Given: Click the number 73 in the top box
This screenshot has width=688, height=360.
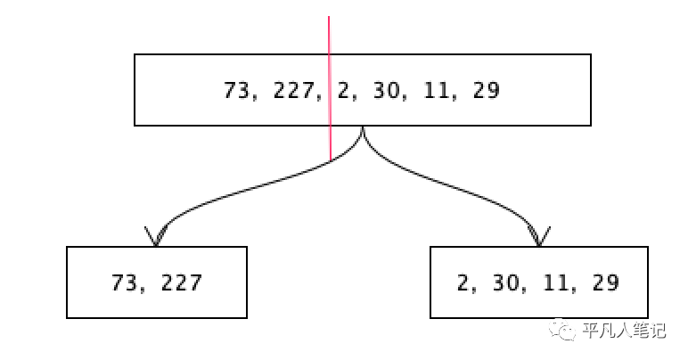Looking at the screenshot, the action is click(235, 90).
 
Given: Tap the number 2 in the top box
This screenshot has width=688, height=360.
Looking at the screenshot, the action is click(345, 90).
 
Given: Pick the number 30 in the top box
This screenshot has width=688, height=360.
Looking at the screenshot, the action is click(387, 90).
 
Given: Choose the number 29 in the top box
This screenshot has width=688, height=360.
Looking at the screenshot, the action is click(486, 90).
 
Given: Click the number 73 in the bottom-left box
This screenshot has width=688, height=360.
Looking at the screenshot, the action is click(125, 283).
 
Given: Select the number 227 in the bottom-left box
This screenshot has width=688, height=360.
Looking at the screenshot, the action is click(181, 283).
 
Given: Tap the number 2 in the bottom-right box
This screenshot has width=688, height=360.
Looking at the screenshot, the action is click(463, 283).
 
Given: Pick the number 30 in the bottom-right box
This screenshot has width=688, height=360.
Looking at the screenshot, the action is click(505, 283).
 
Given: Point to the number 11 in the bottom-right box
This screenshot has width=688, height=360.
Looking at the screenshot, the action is click(553, 283).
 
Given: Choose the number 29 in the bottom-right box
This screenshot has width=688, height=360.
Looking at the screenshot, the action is click(604, 283).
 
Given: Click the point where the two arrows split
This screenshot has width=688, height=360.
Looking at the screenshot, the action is click(363, 130).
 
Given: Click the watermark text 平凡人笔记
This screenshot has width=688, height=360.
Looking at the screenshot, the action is click(624, 331).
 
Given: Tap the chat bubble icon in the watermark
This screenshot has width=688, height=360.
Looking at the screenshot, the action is click(564, 331).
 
